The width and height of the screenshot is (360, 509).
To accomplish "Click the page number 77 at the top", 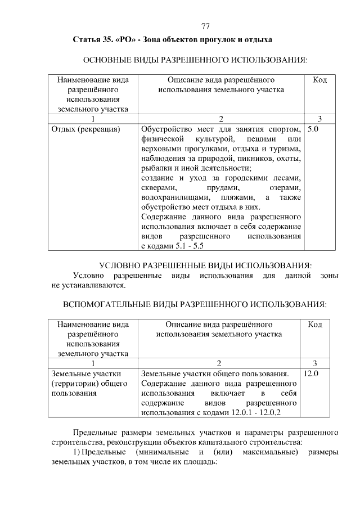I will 205,27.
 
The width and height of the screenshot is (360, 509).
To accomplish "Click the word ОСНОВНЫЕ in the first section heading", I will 109,60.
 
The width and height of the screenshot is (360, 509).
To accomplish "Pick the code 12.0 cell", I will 311,373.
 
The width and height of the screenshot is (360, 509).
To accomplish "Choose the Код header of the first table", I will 319,80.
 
